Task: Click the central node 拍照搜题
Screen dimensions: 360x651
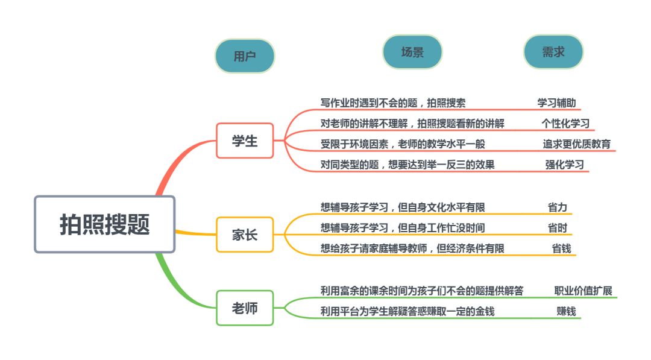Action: [104, 224]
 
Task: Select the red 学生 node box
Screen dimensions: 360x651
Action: [245, 141]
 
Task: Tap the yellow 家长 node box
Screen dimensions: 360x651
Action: [245, 235]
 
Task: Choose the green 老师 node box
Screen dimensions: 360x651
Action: [245, 308]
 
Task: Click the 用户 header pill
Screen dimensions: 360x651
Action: [245, 56]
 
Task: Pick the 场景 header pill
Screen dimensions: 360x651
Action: [412, 52]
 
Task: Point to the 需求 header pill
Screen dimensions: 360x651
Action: [553, 52]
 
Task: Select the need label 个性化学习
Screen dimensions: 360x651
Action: [565, 124]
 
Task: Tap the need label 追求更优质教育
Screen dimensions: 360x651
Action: [576, 144]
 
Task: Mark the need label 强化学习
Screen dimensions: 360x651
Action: [565, 165]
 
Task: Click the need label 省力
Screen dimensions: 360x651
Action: [558, 207]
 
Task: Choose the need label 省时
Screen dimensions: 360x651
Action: [558, 228]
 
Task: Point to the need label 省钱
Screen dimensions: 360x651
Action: [561, 248]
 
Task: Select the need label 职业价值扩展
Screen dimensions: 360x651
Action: [583, 291]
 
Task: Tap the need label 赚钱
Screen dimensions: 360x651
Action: [566, 311]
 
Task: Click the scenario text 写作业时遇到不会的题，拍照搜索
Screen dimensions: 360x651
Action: [392, 103]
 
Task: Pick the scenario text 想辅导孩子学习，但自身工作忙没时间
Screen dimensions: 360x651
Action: [403, 228]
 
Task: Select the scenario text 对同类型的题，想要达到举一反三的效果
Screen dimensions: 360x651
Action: [407, 165]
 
